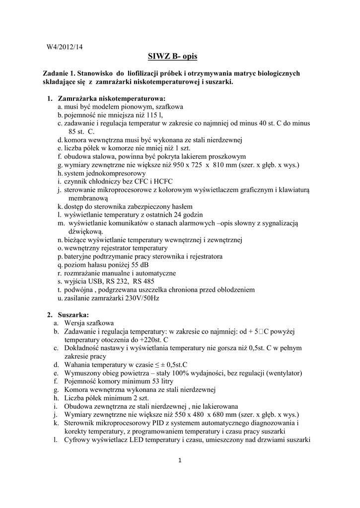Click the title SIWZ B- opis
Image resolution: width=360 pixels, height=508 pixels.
(x=180, y=57)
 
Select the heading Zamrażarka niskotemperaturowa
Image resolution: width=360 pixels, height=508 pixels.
(x=112, y=98)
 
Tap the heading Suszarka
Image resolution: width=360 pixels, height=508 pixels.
(x=73, y=315)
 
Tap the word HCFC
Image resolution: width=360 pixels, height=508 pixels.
(x=154, y=182)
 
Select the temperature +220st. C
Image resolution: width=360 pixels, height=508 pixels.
(x=150, y=339)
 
